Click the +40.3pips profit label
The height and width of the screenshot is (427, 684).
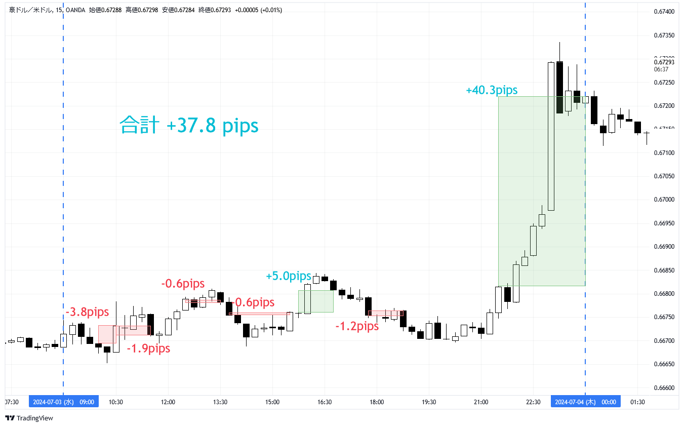click(x=492, y=90)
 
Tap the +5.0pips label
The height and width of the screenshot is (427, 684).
click(x=289, y=276)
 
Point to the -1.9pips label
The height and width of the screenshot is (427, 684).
click(x=148, y=348)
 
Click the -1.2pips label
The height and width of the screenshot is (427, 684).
click(x=357, y=326)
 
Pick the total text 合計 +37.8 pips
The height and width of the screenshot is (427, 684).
click(x=189, y=125)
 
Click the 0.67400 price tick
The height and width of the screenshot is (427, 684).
click(x=663, y=11)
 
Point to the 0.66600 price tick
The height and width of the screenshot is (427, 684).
click(x=663, y=387)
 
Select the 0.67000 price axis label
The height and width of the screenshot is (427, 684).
click(x=663, y=200)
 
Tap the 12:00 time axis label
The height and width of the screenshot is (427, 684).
click(x=168, y=402)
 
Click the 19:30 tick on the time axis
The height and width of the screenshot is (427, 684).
click(x=429, y=402)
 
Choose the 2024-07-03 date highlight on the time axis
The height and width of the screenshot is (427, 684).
click(x=63, y=402)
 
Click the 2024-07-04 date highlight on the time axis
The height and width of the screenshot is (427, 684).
click(x=585, y=402)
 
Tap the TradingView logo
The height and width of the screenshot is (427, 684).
click(x=29, y=418)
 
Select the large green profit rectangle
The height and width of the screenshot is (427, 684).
click(x=541, y=191)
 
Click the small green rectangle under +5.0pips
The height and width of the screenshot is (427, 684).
click(x=315, y=301)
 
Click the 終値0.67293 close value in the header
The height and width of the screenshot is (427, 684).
click(x=216, y=10)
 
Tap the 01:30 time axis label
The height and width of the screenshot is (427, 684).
click(x=637, y=402)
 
